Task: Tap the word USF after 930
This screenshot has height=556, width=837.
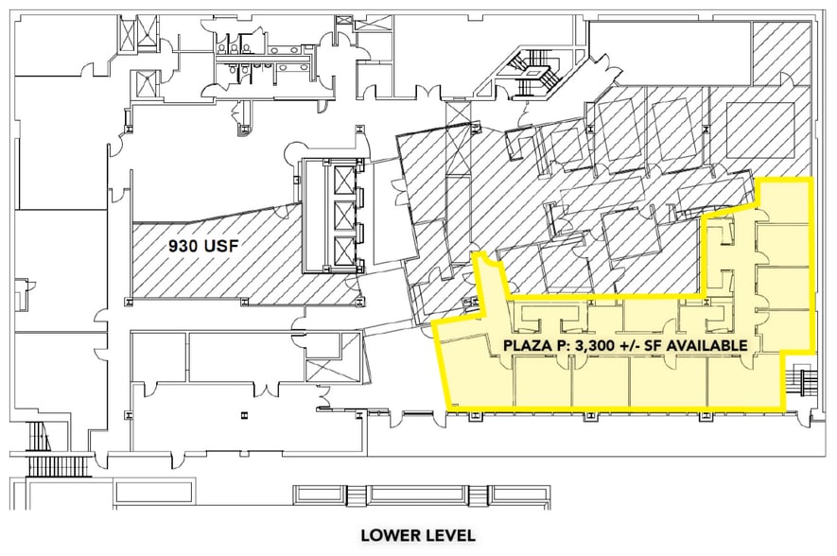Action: pos(219,246)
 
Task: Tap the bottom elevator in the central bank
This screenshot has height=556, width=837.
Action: pos(342,250)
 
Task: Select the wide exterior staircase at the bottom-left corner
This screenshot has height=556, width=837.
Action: pos(57,466)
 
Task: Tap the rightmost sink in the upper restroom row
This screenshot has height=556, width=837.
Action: pos(296,50)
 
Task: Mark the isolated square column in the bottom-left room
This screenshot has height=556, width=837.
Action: pos(244,413)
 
